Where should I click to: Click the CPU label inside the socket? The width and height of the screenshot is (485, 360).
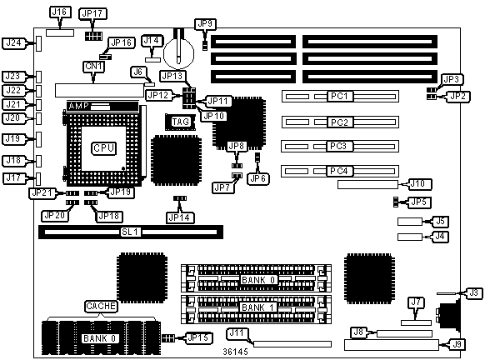point(104,148)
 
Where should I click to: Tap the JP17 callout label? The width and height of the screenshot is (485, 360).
point(92,13)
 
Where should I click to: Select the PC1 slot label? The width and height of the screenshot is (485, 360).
point(340,96)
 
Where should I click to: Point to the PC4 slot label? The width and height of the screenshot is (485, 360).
point(339,171)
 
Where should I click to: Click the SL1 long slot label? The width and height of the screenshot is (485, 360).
point(130,232)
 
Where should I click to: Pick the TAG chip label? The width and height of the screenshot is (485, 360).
point(180,122)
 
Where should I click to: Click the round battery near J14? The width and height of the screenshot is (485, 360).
point(178,53)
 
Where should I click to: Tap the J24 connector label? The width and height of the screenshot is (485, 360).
point(14,43)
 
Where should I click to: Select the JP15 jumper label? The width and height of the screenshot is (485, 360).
point(198,337)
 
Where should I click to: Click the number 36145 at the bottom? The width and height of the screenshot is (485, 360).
point(235,352)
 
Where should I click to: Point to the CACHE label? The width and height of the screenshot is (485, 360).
point(101,306)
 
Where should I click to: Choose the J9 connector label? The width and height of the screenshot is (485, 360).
point(457,344)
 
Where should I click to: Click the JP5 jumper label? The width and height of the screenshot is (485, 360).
point(419,202)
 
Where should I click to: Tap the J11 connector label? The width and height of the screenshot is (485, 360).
point(237,332)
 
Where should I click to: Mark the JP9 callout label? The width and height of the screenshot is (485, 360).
point(205,24)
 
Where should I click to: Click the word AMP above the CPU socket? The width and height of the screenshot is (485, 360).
point(78,106)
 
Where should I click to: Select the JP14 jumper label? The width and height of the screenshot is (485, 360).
point(180,217)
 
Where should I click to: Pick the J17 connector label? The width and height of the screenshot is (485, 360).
point(14,178)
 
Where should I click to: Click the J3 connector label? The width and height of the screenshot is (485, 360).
point(473,292)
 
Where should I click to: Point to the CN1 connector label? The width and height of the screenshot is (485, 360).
point(94,67)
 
